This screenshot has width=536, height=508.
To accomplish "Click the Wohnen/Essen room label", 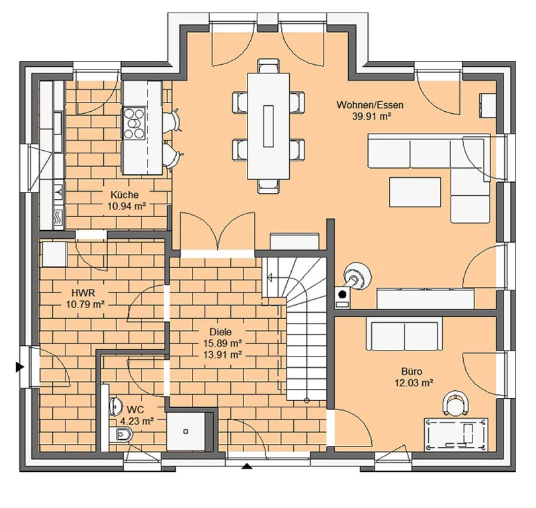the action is click(x=370, y=105).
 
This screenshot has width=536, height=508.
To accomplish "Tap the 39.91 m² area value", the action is click(x=372, y=116).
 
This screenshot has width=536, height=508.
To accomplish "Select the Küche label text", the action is click(x=124, y=194).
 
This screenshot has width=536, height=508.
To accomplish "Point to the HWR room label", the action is click(x=83, y=293).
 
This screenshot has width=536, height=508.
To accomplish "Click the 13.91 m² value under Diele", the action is click(x=223, y=355).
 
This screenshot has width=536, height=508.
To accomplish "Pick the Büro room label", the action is click(x=412, y=371).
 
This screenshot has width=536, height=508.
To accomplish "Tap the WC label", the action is click(x=136, y=409).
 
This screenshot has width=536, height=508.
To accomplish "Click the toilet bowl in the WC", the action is click(x=121, y=435).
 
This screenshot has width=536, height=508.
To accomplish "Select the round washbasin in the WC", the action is click(x=116, y=406).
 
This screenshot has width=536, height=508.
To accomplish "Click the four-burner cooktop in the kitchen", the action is click(x=134, y=123).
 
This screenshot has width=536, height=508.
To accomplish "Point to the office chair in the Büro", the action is click(x=455, y=403).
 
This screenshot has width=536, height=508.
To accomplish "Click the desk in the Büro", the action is click(x=456, y=434).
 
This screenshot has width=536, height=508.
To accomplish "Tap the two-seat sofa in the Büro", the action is click(x=404, y=336).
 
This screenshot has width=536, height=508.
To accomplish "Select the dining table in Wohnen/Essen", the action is click(x=269, y=126).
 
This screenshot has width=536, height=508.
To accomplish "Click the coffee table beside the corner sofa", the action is click(x=415, y=192).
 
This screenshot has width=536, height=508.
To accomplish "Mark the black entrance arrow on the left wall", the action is click(x=20, y=368).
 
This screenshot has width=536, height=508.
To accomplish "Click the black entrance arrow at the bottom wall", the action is click(x=247, y=466).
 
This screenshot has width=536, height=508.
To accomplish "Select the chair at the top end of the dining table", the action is click(x=269, y=66).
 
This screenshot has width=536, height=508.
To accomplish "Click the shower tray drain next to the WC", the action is click(x=186, y=431).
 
